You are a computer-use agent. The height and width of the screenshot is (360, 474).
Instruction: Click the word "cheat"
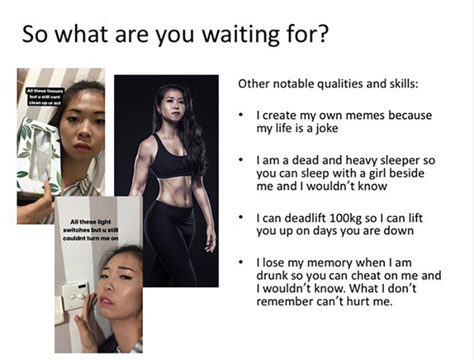368,276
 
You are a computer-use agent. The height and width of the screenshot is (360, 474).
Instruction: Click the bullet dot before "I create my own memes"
241,115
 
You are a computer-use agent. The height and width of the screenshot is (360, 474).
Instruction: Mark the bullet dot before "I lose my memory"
241,262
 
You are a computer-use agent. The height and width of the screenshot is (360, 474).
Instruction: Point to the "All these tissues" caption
45,97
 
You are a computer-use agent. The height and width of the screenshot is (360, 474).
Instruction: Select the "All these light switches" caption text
91,230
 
